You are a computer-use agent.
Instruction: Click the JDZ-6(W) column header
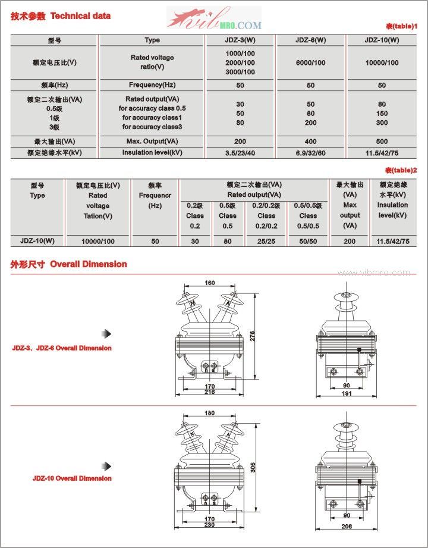pyautogui.click(x=310, y=40)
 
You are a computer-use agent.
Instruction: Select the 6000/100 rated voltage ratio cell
pyautogui.click(x=310, y=62)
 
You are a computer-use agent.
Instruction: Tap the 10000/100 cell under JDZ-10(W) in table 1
pyautogui.click(x=382, y=62)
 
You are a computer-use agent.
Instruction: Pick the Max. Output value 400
pyautogui.click(x=310, y=142)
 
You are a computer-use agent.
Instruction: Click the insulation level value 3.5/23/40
pyautogui.click(x=240, y=153)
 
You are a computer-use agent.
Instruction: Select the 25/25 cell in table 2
pyautogui.click(x=266, y=241)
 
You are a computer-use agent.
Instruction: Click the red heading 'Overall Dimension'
pyautogui.click(x=89, y=264)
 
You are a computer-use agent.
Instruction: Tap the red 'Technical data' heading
pyautogui.click(x=81, y=16)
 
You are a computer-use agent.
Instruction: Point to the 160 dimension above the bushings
pyautogui.click(x=210, y=283)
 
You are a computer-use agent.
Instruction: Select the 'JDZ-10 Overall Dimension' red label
pyautogui.click(x=72, y=478)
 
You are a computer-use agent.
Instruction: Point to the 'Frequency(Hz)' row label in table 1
pyautogui.click(x=152, y=85)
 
